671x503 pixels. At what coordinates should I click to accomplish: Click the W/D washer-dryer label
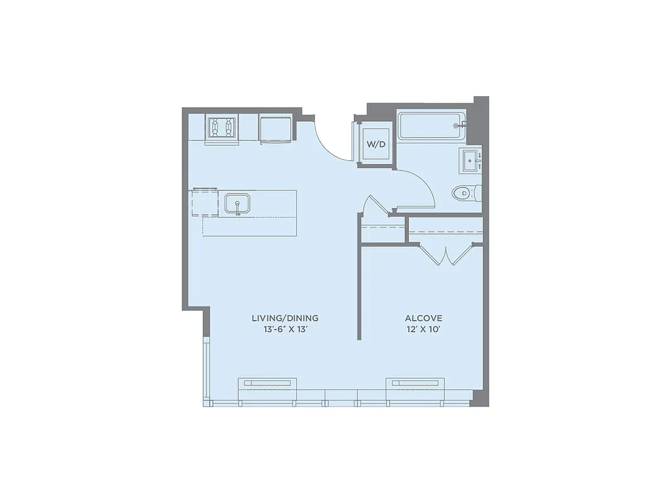pyautogui.click(x=376, y=145)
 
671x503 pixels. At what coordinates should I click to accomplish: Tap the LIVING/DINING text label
pyautogui.click(x=285, y=318)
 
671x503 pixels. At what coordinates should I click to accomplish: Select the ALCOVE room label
pyautogui.click(x=423, y=318)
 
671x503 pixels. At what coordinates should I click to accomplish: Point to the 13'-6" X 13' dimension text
pyautogui.click(x=285, y=329)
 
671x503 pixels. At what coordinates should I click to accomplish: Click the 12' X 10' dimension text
pyautogui.click(x=423, y=329)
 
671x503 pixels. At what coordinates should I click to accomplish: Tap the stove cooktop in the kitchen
pyautogui.click(x=222, y=128)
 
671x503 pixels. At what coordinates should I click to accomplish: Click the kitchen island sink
pyautogui.click(x=237, y=203)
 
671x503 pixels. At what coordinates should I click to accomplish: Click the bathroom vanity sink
pyautogui.click(x=472, y=160)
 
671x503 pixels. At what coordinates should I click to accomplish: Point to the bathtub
pyautogui.click(x=431, y=126)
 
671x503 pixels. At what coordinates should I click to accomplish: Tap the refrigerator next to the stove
pyautogui.click(x=275, y=129)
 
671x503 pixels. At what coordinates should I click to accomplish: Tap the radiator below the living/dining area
pyautogui.click(x=267, y=382)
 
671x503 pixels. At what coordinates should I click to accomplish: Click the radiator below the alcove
pyautogui.click(x=415, y=382)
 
